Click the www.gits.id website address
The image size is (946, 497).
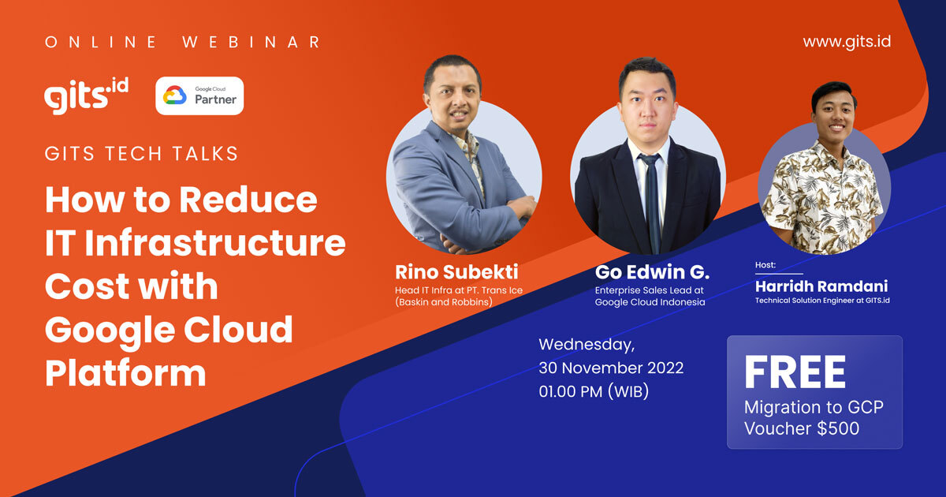pyautogui.click(x=847, y=42)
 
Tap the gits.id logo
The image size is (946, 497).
pyautogui.click(x=87, y=96)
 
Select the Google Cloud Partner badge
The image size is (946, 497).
pyautogui.click(x=199, y=96)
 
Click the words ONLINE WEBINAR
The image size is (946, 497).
pyautogui.click(x=183, y=43)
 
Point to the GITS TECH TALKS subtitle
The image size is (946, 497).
pyautogui.click(x=142, y=153)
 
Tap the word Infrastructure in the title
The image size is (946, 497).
pyautogui.click(x=214, y=243)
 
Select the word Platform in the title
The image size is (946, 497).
pyautogui.click(x=125, y=372)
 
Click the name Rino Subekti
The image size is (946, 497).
pyautogui.click(x=456, y=273)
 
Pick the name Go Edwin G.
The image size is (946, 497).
pyautogui.click(x=652, y=273)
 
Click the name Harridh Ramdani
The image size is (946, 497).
pyautogui.click(x=821, y=286)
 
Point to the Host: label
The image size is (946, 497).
pyautogui.click(x=765, y=266)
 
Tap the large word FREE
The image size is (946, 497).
pyautogui.click(x=795, y=373)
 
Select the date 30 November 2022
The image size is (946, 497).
pyautogui.click(x=611, y=368)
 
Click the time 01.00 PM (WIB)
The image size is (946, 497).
pyautogui.click(x=594, y=390)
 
